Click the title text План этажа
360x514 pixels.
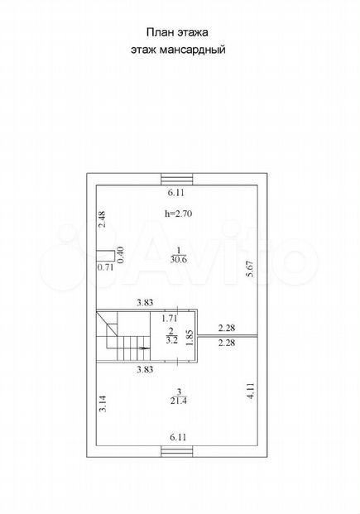click(177, 32)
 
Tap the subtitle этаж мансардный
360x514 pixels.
click(178, 50)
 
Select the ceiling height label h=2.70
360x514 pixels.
click(178, 214)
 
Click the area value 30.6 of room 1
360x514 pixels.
click(179, 260)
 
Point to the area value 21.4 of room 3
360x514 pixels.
click(179, 401)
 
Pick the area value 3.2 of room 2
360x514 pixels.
click(172, 340)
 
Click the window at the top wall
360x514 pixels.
click(178, 179)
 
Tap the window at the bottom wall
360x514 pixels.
click(178, 451)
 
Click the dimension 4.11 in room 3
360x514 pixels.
click(251, 391)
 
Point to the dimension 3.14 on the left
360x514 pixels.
click(103, 404)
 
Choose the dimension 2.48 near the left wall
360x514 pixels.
click(103, 219)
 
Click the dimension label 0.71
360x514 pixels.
click(106, 267)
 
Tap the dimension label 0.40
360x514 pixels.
click(120, 254)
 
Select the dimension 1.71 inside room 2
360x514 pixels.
click(170, 318)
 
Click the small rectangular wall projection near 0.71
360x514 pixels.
click(105, 256)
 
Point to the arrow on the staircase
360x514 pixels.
click(144, 348)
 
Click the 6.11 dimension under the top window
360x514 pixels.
click(176, 193)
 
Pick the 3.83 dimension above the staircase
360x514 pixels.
click(145, 303)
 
